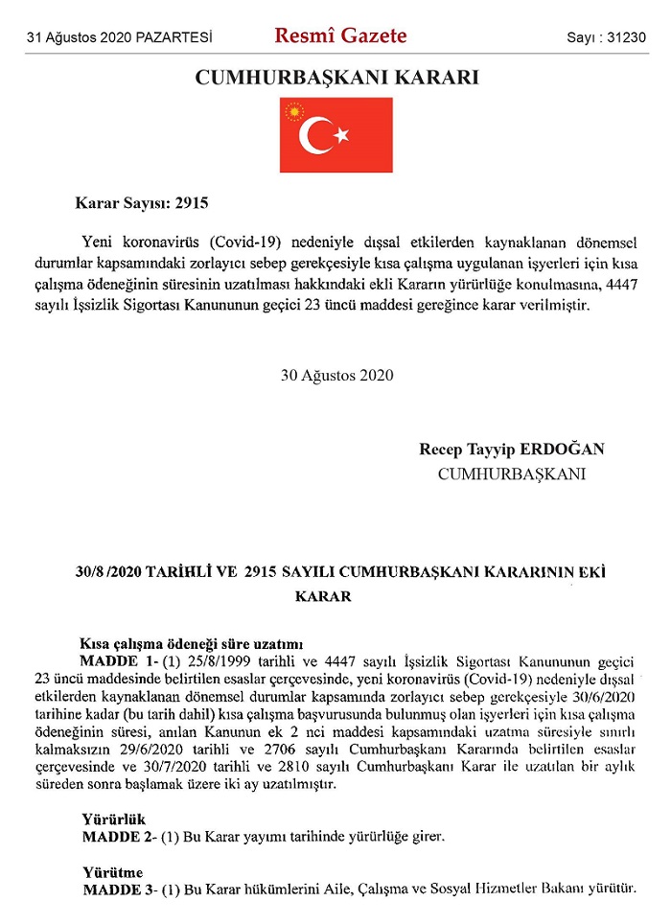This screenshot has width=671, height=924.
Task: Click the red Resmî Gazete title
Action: click(x=340, y=36)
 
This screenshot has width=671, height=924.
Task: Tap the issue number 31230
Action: click(x=627, y=38)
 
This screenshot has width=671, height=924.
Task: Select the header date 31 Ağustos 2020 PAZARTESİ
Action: click(x=121, y=38)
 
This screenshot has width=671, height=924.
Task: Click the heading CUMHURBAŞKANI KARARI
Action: click(x=336, y=78)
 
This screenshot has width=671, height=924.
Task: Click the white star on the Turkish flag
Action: click(x=341, y=136)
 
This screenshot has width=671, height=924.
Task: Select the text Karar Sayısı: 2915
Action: click(x=141, y=203)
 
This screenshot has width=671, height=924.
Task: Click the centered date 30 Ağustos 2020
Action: click(x=336, y=375)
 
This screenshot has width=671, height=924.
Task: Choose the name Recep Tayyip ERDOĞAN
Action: click(x=512, y=450)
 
